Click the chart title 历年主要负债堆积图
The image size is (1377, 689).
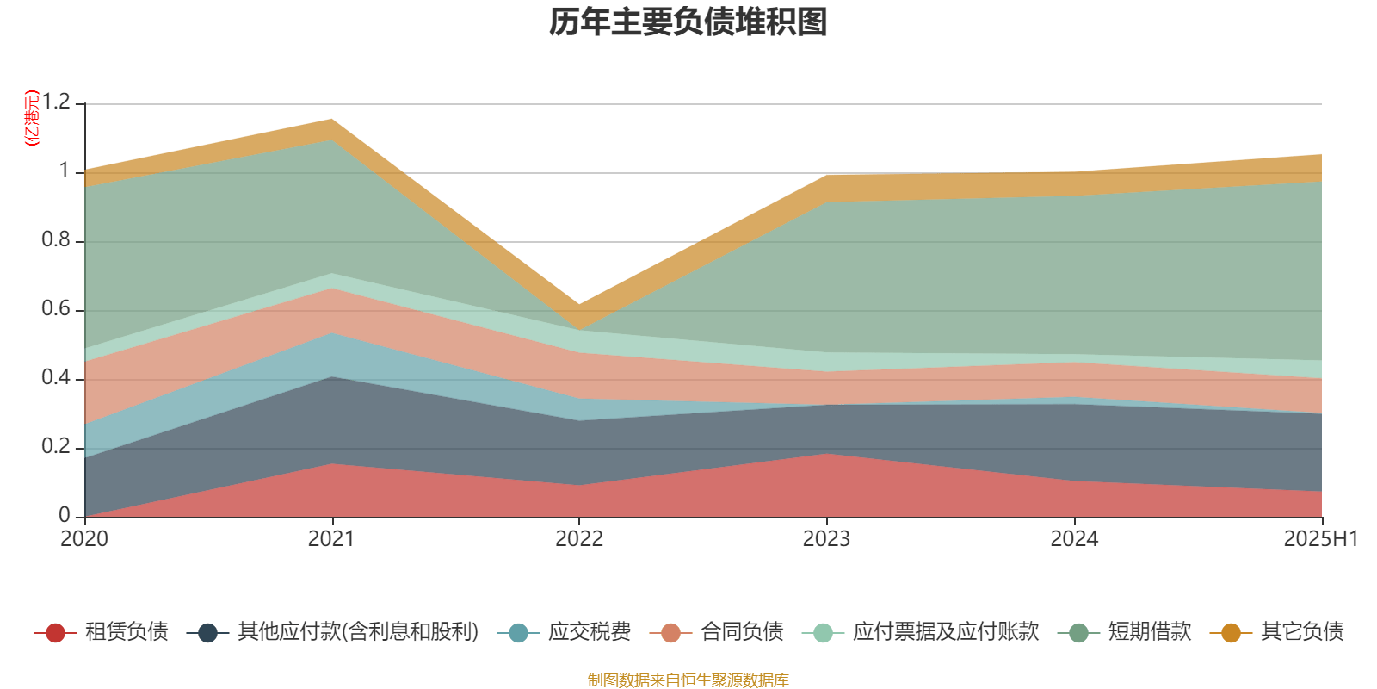(x=688, y=22)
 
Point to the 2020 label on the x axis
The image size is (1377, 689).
(x=84, y=539)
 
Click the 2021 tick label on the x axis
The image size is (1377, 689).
(x=331, y=539)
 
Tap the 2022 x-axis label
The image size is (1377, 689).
(x=579, y=539)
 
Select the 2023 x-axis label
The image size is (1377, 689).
(x=826, y=539)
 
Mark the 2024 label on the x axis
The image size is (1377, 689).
(x=1074, y=539)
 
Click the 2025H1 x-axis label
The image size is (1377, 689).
(x=1320, y=539)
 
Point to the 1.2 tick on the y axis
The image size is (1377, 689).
(x=55, y=103)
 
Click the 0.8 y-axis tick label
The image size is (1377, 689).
(x=55, y=241)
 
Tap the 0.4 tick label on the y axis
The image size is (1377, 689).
(x=55, y=379)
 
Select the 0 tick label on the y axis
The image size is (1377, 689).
(x=65, y=516)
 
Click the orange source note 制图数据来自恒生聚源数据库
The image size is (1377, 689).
(x=688, y=680)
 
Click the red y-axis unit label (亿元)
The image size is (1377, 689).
(x=32, y=118)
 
